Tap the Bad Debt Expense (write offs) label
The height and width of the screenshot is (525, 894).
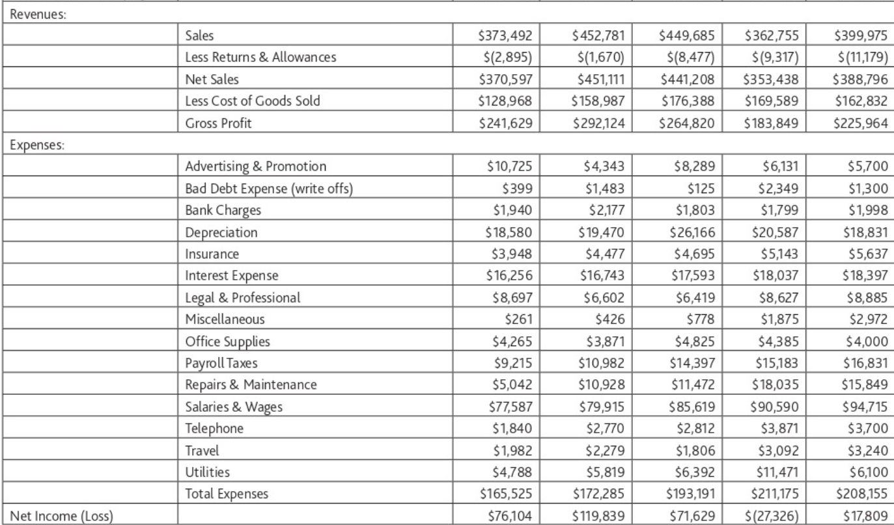pos(261,188)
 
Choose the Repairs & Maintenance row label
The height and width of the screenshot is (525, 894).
pos(251,385)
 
